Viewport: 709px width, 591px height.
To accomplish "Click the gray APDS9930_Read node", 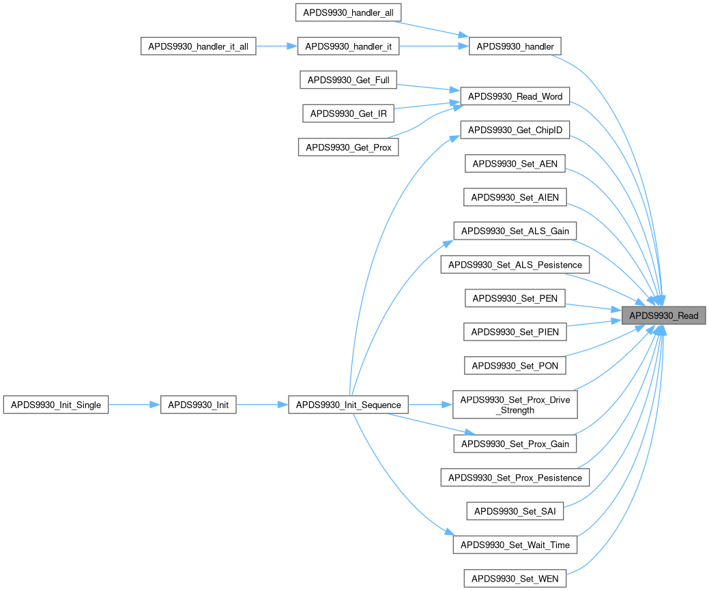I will (x=663, y=316).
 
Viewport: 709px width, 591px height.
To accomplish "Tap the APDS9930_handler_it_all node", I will (x=198, y=46).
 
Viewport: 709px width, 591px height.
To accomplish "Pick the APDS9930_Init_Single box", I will (x=56, y=405).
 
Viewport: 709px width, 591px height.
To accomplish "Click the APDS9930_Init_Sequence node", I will (x=348, y=405).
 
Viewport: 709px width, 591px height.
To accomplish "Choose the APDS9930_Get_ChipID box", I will (x=515, y=130).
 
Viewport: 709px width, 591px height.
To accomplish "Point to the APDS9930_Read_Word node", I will (x=515, y=96).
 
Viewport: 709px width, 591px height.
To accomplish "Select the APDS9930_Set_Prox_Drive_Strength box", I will (x=515, y=405).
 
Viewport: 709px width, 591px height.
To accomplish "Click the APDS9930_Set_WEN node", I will (x=515, y=579).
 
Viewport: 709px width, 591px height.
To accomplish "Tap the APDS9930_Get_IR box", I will (x=348, y=113).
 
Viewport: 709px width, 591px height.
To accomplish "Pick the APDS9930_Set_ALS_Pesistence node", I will (x=515, y=265).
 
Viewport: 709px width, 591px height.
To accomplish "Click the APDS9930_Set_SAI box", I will (x=515, y=510).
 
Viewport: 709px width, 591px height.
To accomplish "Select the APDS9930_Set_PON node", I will (x=515, y=366).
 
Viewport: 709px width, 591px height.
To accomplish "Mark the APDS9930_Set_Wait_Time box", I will (x=515, y=545).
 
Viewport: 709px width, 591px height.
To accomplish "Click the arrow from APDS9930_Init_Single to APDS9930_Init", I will (x=134, y=405).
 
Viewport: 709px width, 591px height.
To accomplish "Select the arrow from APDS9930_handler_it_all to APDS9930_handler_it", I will (x=276, y=46).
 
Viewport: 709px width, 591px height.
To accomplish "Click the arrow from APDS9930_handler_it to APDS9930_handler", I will (x=434, y=46).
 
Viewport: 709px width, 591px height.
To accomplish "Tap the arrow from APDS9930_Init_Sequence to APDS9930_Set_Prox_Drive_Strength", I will (x=430, y=405).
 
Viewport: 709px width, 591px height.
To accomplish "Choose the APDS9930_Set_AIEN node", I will (x=515, y=198).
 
